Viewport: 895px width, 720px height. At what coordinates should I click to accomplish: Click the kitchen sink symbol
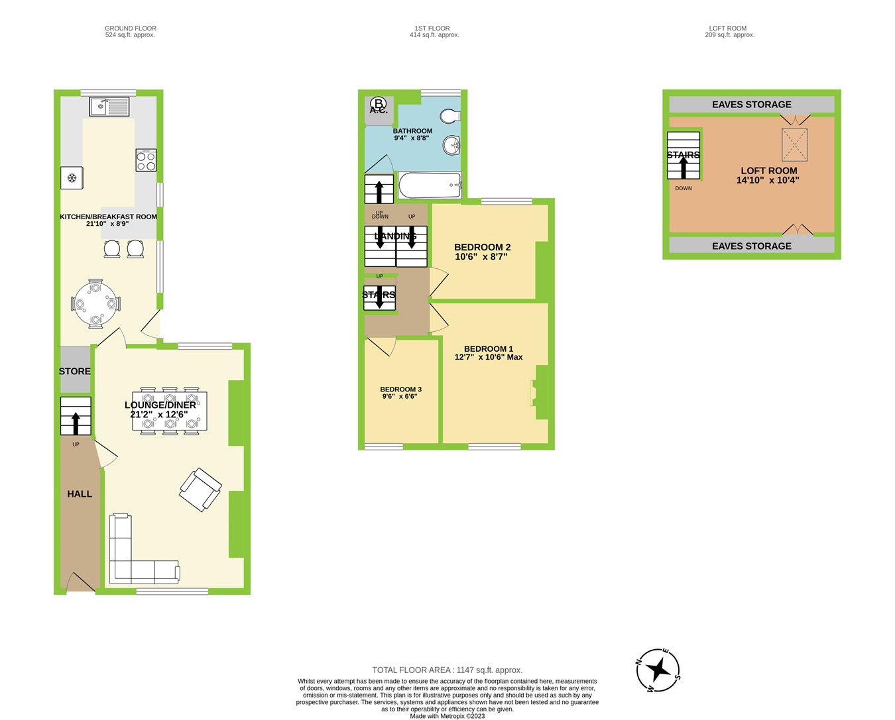tap(109, 105)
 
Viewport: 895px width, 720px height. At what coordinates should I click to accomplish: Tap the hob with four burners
tap(146, 160)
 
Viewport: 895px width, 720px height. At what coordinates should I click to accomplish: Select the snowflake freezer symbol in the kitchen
tap(72, 178)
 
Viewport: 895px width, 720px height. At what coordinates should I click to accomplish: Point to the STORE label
tap(75, 371)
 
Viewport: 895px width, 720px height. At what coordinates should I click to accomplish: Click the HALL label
tap(80, 493)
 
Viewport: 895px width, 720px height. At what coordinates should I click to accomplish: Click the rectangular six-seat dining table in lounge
tap(169, 411)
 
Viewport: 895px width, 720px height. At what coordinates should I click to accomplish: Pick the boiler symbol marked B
tap(379, 103)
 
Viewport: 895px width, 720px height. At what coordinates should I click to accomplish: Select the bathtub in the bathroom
tap(430, 185)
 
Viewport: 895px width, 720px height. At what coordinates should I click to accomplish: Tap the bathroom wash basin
tap(453, 144)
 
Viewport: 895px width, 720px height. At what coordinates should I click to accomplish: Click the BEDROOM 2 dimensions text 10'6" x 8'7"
tap(481, 256)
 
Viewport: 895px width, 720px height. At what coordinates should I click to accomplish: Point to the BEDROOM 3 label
tap(400, 389)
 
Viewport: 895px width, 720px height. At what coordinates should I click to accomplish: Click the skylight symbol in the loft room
tap(794, 145)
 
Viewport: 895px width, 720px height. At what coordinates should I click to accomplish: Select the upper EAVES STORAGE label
tap(751, 105)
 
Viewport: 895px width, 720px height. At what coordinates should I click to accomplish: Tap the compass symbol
tap(658, 670)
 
